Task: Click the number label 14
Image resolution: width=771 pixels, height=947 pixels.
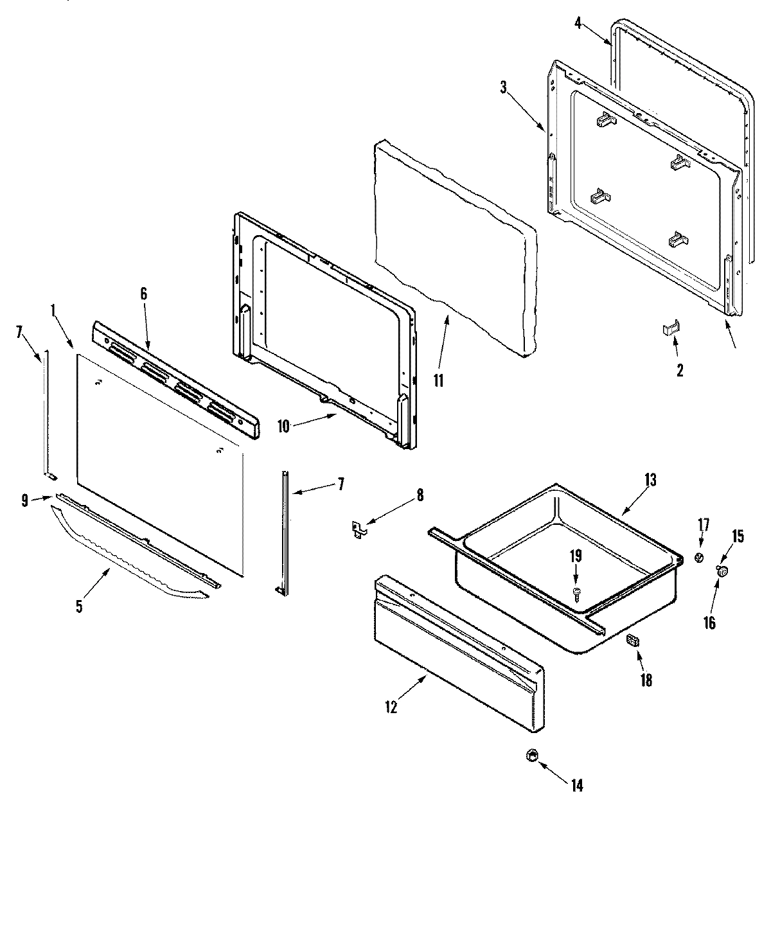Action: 577,785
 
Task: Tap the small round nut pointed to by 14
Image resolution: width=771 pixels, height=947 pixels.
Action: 531,756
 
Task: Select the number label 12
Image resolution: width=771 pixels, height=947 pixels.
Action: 391,707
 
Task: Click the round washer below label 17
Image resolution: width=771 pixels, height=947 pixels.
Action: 700,559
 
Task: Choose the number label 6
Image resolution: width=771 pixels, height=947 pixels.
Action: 143,294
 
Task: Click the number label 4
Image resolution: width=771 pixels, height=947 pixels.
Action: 578,24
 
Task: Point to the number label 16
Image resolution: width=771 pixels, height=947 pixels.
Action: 709,622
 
